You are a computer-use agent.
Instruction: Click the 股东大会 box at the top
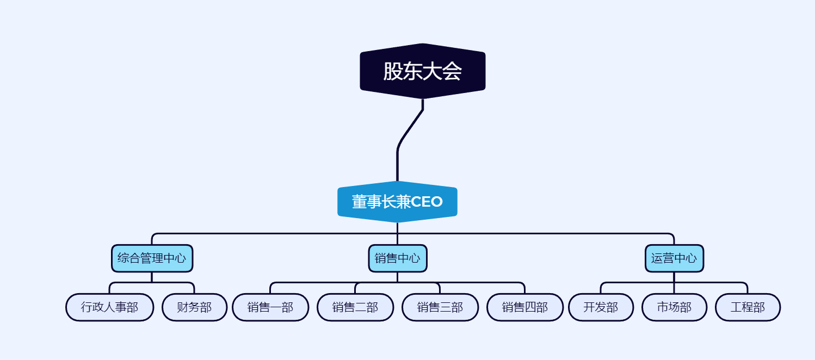coord(422,71)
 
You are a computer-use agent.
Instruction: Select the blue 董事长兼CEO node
coord(397,202)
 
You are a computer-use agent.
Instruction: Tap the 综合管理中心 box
coord(152,258)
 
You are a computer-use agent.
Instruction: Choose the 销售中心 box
coord(397,258)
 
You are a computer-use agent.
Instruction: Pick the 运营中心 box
coord(674,258)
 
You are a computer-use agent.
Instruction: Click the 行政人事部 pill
coord(109,307)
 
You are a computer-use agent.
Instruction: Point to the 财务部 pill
coord(194,307)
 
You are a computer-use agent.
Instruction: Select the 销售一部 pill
coord(270,307)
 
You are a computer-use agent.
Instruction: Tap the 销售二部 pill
coord(355,307)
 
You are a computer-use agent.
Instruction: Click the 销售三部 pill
coord(440,307)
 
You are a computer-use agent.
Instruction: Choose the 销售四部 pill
coord(525,307)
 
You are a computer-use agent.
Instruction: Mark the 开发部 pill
coord(601,307)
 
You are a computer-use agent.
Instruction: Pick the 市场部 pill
coord(674,307)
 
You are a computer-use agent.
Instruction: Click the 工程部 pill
coord(748,307)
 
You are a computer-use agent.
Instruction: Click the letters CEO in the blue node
coord(427,202)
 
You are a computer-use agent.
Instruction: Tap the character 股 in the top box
coord(393,71)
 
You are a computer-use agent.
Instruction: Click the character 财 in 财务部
coord(183,307)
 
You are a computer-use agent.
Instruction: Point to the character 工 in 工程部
coord(736,307)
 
